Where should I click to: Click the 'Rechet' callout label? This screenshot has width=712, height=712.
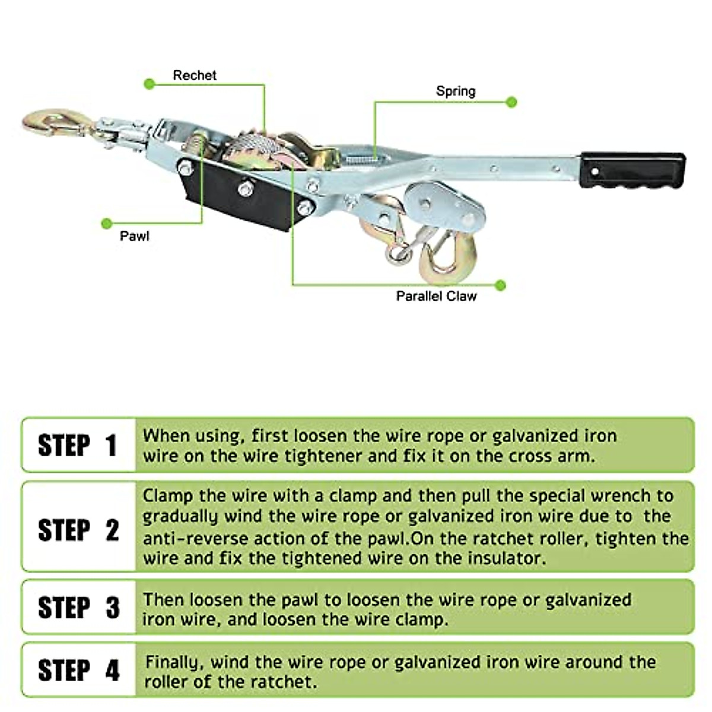pos(195,75)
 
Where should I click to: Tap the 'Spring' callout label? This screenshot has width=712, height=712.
pos(456,91)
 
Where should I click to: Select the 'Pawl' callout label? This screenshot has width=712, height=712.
pos(135,236)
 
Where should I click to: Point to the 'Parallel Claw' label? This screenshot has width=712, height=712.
pos(436,296)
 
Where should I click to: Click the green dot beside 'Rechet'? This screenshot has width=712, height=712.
pos(150,84)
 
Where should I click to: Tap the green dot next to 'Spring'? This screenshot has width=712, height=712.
pos(511,102)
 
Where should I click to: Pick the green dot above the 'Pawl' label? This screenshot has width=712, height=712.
pos(107,224)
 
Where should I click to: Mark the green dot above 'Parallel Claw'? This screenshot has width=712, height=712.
pos(500,285)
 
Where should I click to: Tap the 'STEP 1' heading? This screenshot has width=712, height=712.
pos(78,446)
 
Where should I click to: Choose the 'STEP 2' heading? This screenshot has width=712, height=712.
pos(78,530)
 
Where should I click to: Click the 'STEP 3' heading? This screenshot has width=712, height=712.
pos(78,608)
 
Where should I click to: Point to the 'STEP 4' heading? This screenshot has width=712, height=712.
pos(78,670)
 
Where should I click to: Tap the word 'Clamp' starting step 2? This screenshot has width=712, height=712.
pos(169,495)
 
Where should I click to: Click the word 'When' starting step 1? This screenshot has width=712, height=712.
pos(167,436)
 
